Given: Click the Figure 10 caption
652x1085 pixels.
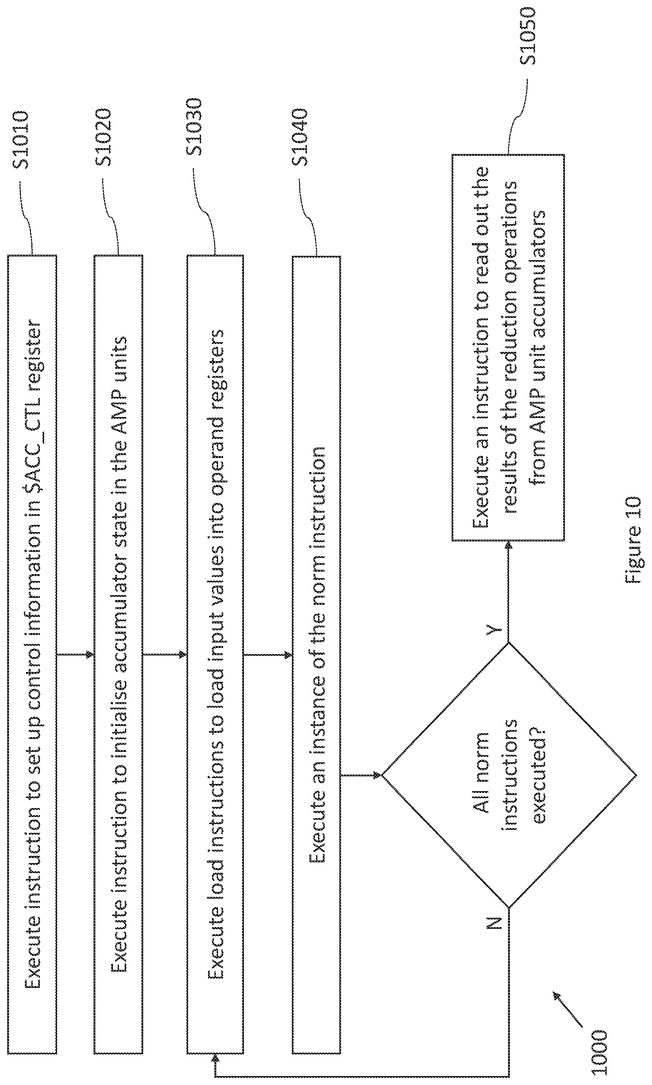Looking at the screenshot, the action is pyautogui.click(x=634, y=540).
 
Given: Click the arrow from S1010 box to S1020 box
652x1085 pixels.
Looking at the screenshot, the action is pyautogui.click(x=76, y=655).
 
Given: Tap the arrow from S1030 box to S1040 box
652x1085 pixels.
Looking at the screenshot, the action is pyautogui.click(x=268, y=655).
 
